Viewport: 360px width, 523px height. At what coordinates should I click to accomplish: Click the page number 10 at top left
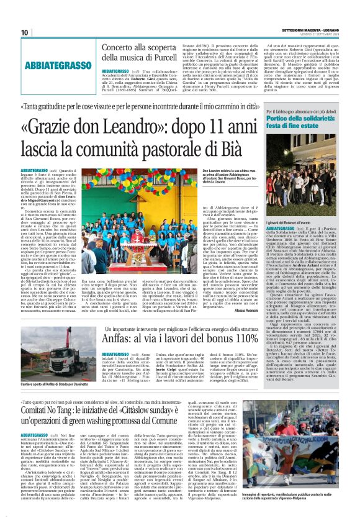click(24, 32)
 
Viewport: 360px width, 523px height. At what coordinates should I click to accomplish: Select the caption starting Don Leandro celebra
click(230, 176)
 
